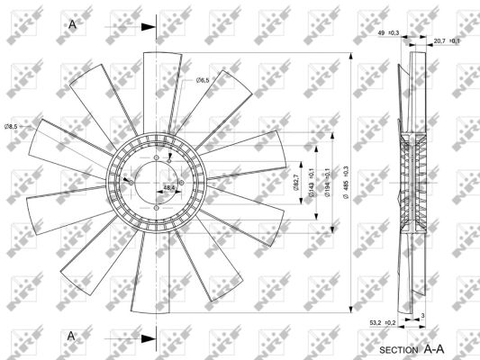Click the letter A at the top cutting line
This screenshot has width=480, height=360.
(72, 24)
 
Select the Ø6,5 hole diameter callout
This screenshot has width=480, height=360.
(203, 81)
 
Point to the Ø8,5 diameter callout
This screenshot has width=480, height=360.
(13, 126)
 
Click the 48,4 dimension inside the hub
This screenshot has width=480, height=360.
(168, 187)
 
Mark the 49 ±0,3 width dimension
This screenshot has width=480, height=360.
(388, 33)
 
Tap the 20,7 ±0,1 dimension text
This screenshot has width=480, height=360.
(447, 40)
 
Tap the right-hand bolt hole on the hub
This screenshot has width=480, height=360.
(181, 183)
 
